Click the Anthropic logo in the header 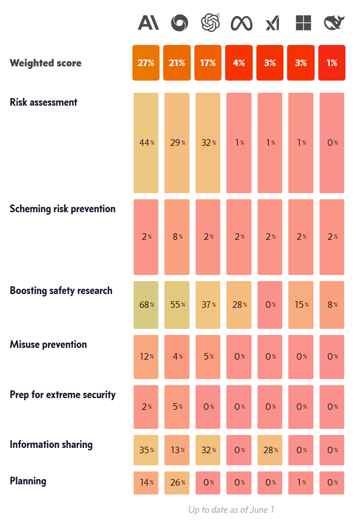[x=148, y=23]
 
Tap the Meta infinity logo [x=241, y=23]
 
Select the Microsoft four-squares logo [x=303, y=23]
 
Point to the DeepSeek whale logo [x=334, y=23]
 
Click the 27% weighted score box [x=146, y=63]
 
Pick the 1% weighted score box [x=332, y=63]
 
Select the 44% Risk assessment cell [x=146, y=143]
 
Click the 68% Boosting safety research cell [x=146, y=305]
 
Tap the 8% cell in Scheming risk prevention [x=177, y=237]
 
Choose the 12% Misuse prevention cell [x=146, y=357]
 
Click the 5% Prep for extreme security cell [x=177, y=407]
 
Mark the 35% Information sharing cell [x=146, y=450]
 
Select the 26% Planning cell [x=177, y=482]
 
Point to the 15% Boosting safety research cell [x=300, y=305]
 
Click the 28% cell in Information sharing [x=270, y=450]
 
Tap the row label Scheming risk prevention [x=62, y=209]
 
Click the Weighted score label [x=45, y=63]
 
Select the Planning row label [x=28, y=481]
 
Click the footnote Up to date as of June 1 [x=231, y=509]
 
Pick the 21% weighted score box [x=177, y=63]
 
